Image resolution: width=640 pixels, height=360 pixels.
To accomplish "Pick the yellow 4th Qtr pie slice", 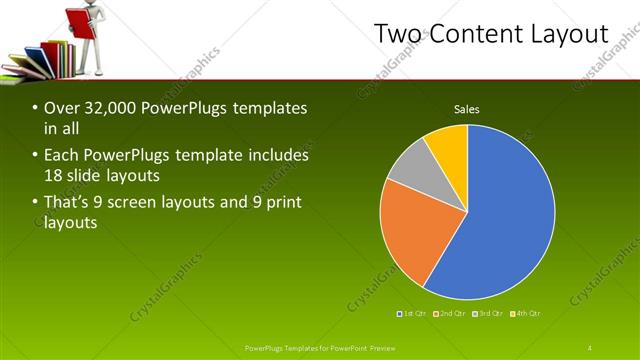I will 449,147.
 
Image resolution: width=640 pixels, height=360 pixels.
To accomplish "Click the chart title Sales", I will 467,109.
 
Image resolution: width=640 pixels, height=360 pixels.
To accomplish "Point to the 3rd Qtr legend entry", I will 487,313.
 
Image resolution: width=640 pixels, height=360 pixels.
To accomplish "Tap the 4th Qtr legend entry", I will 522,313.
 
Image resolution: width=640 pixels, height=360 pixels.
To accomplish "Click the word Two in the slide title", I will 401,34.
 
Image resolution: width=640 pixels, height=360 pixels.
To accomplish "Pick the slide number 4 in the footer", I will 590,347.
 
